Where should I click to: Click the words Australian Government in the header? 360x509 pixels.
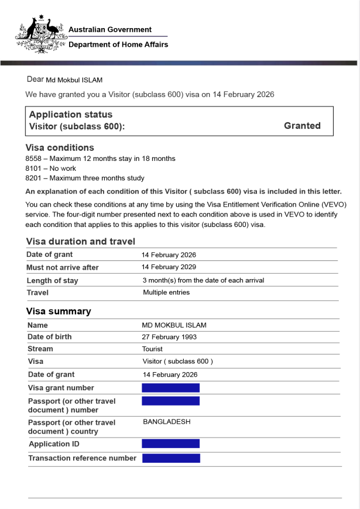point(110,29)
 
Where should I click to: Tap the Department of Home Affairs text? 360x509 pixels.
point(118,44)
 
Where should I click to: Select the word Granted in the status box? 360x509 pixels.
point(302,125)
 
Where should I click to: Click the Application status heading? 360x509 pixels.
point(71,114)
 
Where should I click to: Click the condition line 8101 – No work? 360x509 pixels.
point(51,168)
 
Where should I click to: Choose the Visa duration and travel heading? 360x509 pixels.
point(81,241)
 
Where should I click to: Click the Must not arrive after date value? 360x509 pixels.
point(169,267)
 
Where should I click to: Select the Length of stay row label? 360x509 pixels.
point(52,281)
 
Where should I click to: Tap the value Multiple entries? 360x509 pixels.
point(166,293)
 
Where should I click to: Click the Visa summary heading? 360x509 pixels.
point(59,311)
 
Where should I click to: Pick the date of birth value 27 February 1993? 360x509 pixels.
point(169,337)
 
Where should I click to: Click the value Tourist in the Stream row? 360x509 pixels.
point(152,349)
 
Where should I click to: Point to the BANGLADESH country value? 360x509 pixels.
point(166,421)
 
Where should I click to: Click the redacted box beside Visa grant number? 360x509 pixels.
point(170,388)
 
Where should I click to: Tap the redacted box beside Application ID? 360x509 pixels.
point(170,443)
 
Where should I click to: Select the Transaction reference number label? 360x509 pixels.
point(82,458)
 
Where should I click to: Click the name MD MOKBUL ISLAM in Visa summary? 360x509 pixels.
point(174,325)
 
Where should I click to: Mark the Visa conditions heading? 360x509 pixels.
point(60,147)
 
